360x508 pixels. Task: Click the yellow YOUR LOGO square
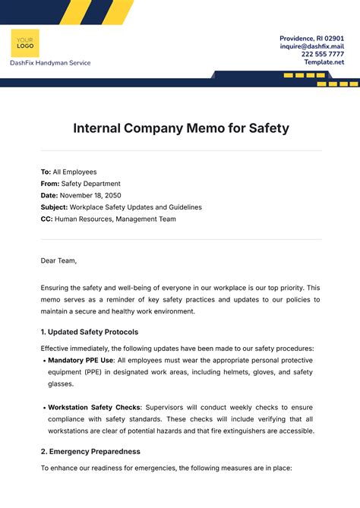pyautogui.click(x=25, y=43)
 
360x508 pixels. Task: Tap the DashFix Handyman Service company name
pyautogui.click(x=50, y=63)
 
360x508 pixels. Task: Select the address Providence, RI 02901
pyautogui.click(x=312, y=38)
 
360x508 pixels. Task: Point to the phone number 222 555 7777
pyautogui.click(x=322, y=54)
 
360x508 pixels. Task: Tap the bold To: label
pyautogui.click(x=46, y=172)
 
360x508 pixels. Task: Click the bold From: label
pyautogui.click(x=50, y=184)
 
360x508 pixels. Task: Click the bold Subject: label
pyautogui.click(x=54, y=207)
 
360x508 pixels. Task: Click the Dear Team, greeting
pyautogui.click(x=58, y=260)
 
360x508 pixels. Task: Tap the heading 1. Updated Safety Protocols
pyautogui.click(x=89, y=332)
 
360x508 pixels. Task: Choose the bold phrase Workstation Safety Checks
pyautogui.click(x=94, y=407)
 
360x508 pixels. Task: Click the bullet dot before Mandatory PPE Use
pyautogui.click(x=43, y=361)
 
